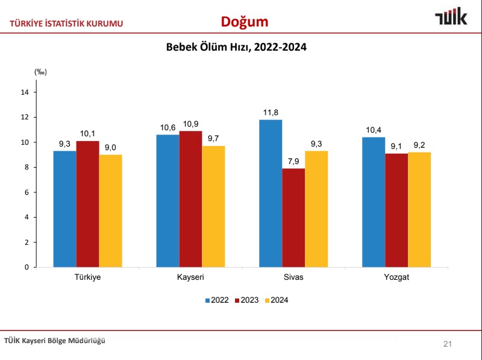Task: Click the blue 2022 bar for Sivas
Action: (271, 193)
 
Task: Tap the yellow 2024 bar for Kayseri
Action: (213, 206)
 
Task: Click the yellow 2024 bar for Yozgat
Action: (419, 209)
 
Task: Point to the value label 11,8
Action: (271, 113)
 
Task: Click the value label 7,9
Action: (293, 161)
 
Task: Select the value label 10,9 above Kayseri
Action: (190, 124)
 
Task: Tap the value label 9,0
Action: (111, 148)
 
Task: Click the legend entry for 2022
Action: (216, 300)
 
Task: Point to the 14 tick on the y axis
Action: (25, 92)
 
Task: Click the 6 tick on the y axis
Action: (27, 192)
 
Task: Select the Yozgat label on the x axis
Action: (396, 277)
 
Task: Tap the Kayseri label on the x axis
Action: (190, 277)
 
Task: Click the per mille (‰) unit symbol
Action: (40, 72)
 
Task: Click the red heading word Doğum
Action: (244, 22)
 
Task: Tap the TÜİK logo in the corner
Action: (451, 17)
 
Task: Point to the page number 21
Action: (447, 344)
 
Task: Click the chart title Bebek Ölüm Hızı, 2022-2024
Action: (236, 47)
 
